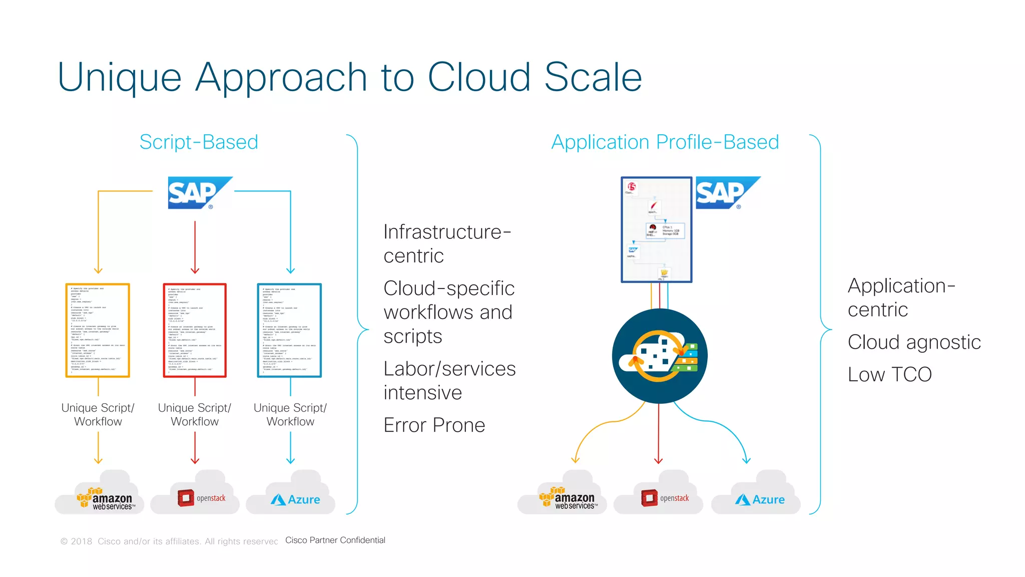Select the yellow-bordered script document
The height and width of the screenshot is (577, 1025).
98,330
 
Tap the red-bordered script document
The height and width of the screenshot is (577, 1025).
195,330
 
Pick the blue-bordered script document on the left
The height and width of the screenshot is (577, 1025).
289,330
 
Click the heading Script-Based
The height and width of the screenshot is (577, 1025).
199,142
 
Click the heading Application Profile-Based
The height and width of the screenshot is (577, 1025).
665,142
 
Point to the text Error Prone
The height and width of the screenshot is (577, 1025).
434,425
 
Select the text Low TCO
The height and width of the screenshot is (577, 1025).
889,375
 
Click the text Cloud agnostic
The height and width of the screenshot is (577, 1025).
914,342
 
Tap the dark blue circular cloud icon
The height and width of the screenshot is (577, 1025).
659,356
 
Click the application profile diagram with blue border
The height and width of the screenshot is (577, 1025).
656,229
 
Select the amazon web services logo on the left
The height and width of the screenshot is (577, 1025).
105,499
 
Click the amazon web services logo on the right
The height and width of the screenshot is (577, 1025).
567,498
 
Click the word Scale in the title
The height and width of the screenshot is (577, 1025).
593,78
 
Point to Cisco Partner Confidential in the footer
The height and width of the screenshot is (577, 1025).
335,540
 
